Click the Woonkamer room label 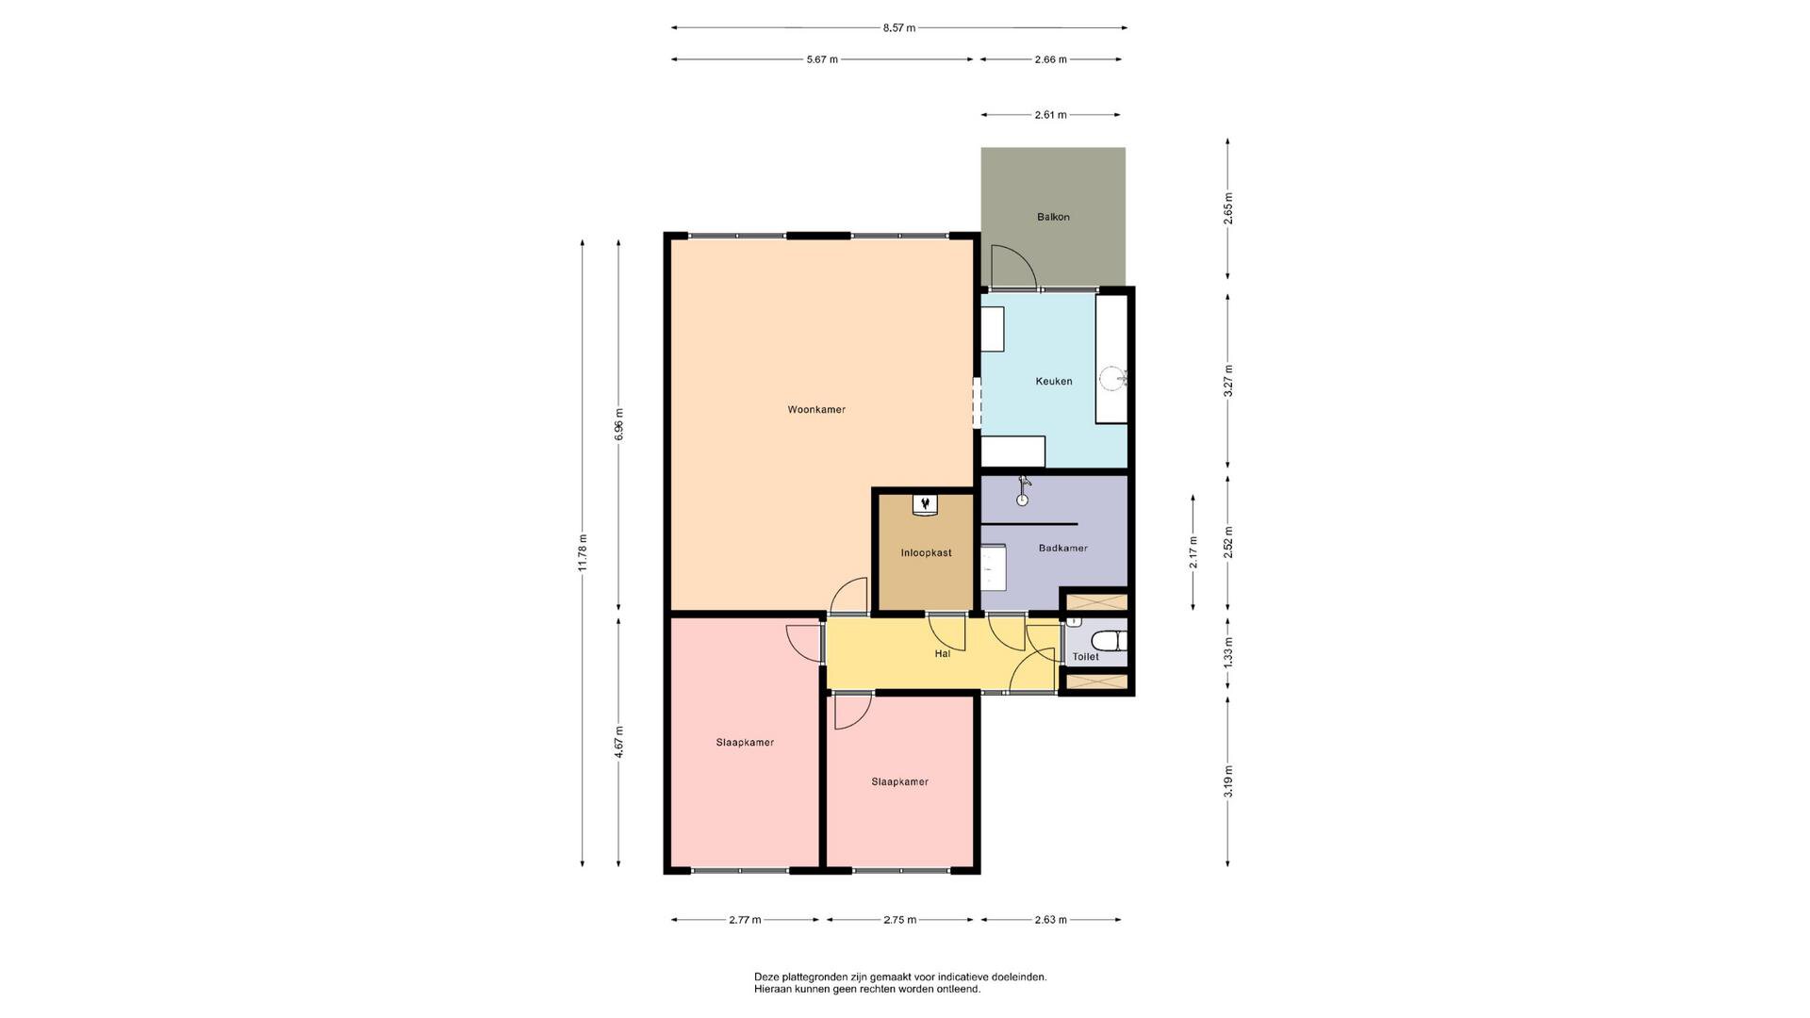[x=816, y=410]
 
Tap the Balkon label [x=1053, y=217]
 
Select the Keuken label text [x=1053, y=382]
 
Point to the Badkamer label [x=1062, y=548]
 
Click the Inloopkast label [x=926, y=553]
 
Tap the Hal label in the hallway [x=942, y=653]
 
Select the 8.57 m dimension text [x=898, y=28]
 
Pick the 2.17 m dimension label [x=1193, y=552]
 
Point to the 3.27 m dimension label [x=1228, y=381]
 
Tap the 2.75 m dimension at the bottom [x=899, y=920]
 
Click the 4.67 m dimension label [x=618, y=742]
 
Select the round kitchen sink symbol [x=1112, y=379]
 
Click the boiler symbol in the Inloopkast [x=925, y=504]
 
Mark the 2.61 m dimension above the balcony [x=1050, y=115]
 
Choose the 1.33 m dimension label [x=1228, y=652]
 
